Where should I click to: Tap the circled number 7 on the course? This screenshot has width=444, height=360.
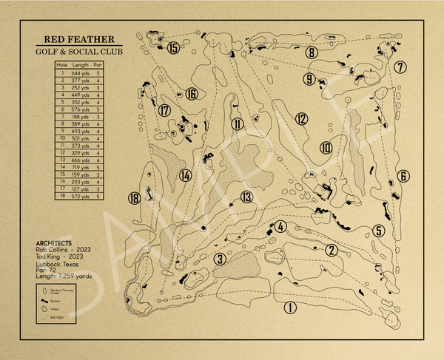[400, 67]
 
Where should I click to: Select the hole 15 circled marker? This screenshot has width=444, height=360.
[173, 49]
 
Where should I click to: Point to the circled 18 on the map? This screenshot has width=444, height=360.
[134, 198]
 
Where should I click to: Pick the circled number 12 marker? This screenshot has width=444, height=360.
[300, 118]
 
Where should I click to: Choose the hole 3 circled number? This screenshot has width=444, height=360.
[220, 259]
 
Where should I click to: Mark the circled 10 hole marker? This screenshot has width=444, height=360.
[326, 148]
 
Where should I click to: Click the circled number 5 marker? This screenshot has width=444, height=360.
[378, 231]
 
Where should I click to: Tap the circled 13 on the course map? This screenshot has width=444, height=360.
[246, 197]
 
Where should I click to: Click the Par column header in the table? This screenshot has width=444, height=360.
[98, 66]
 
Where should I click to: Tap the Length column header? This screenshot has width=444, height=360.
[81, 66]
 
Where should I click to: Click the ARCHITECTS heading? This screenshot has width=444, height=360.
[53, 242]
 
